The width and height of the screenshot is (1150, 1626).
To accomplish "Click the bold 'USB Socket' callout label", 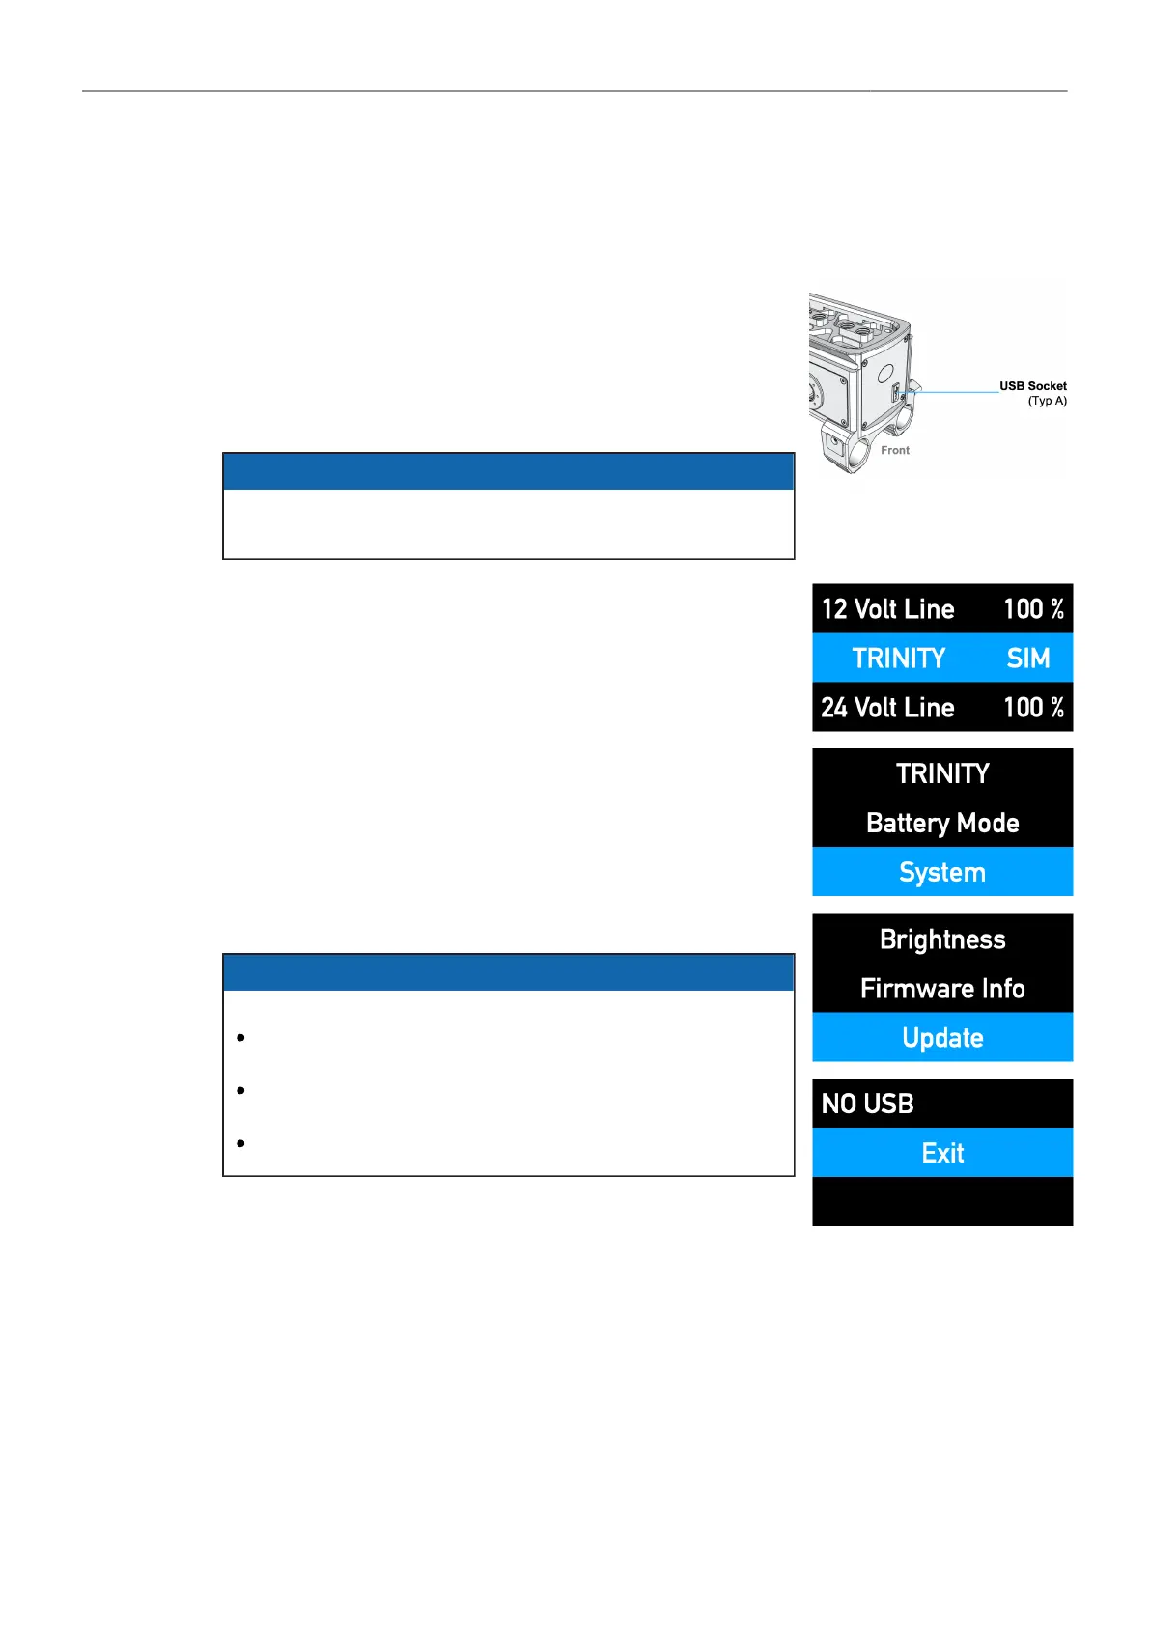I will point(1032,386).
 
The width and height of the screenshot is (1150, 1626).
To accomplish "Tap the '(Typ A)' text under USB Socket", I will point(1047,401).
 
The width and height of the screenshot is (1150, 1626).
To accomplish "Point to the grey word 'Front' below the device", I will point(894,450).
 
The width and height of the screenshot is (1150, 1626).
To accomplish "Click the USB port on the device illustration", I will point(897,392).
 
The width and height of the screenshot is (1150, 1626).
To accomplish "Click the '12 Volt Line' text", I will point(887,609).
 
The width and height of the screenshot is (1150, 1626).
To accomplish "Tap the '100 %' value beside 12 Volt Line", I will point(1033,609).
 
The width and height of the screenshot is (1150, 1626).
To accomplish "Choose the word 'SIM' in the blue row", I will point(1027,659).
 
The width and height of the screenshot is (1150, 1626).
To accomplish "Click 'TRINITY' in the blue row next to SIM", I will point(898,659).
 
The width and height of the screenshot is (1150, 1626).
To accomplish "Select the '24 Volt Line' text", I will point(887,708).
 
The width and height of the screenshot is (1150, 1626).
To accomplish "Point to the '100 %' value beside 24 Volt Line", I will point(1033,708).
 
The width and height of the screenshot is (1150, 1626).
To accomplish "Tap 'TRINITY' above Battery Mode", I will point(942,773).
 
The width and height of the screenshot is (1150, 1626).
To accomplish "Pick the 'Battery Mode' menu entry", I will point(942,823).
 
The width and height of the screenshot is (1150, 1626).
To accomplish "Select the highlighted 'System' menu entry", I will point(942,872).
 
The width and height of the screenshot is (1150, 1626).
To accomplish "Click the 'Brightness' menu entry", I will point(942,939).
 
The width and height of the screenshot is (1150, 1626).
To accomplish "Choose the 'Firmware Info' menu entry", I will point(942,989).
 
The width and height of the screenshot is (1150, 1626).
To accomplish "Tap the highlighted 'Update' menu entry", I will point(942,1038).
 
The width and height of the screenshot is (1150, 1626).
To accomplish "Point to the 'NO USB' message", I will point(867,1104).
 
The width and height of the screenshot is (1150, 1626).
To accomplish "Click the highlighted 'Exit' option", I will point(942,1153).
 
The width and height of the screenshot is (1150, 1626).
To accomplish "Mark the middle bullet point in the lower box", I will point(240,1091).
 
